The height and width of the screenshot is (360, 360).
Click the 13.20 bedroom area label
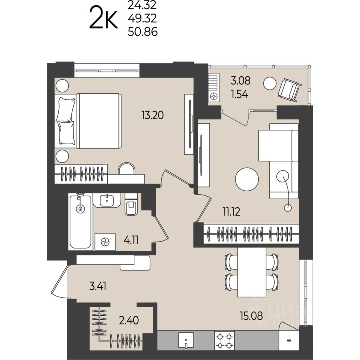(x=153, y=115)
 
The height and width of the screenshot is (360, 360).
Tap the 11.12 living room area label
(x=231, y=211)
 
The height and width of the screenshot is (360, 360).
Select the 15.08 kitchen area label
(x=251, y=316)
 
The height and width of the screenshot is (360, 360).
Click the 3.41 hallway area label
(x=98, y=286)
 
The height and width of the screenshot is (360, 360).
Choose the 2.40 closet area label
(x=129, y=320)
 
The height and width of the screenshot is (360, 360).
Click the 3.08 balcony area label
(x=240, y=81)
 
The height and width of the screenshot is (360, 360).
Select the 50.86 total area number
(x=142, y=31)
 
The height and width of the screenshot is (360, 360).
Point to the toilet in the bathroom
(x=131, y=204)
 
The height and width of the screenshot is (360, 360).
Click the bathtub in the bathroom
(x=80, y=222)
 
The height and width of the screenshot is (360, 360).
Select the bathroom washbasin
(x=107, y=200)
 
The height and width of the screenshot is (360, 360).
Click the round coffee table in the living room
(x=247, y=179)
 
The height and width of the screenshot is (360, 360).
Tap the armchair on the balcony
(x=289, y=90)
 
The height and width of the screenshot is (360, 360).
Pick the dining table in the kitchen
(x=252, y=272)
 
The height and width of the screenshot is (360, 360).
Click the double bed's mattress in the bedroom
(x=99, y=121)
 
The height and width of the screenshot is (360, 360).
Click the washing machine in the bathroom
(x=105, y=242)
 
